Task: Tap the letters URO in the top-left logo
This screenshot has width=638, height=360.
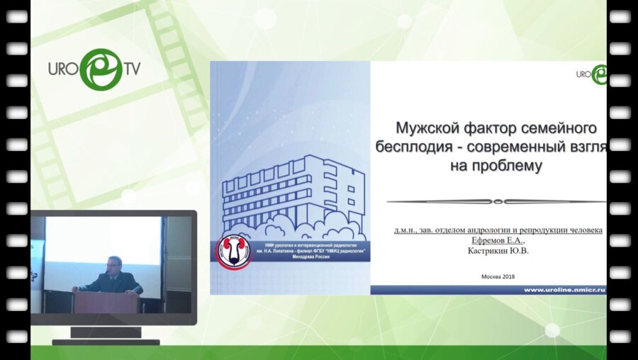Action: [x=62, y=70]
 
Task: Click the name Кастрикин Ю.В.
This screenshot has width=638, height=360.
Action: [x=499, y=251]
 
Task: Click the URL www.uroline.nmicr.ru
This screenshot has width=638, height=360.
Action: [x=564, y=290]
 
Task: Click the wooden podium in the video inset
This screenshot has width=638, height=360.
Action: [x=106, y=301]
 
